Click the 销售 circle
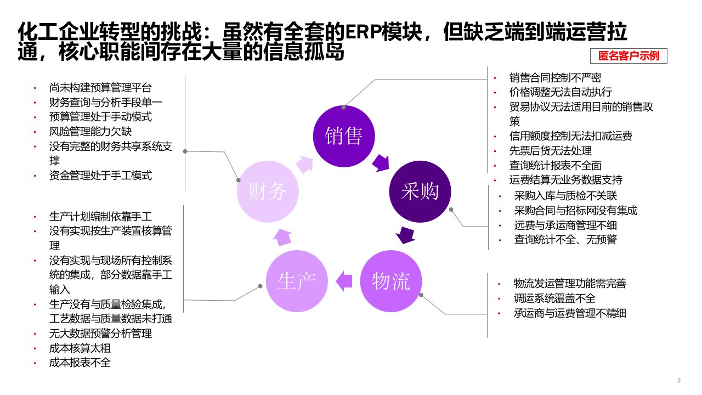click(344, 135)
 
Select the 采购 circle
click(420, 191)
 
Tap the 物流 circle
click(390, 281)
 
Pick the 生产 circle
click(297, 281)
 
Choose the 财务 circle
click(268, 191)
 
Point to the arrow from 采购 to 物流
click(405, 235)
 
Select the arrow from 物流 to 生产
click(344, 280)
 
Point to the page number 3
click(680, 381)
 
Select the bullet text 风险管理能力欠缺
click(90, 132)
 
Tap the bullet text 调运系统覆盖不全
click(554, 298)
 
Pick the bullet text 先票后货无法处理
click(550, 150)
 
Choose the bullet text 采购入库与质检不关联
click(565, 195)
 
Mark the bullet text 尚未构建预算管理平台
click(100, 87)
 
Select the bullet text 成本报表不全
click(80, 363)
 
